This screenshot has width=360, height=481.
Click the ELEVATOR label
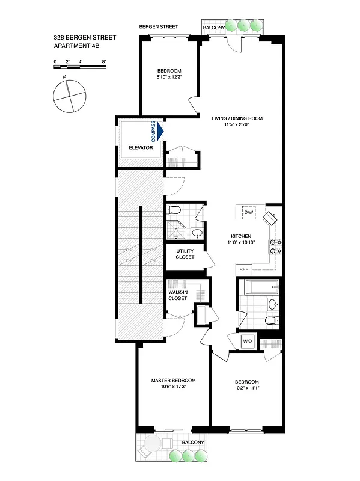click(141, 147)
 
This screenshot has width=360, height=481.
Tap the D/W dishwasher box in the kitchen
click(248, 212)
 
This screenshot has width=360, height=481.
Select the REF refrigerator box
click(243, 269)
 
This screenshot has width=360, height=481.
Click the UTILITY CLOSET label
click(185, 254)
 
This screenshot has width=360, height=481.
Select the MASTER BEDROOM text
click(173, 381)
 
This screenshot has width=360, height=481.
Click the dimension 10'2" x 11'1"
click(246, 388)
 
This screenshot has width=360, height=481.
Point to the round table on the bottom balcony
click(151, 446)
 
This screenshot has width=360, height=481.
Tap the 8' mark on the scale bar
click(104, 61)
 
